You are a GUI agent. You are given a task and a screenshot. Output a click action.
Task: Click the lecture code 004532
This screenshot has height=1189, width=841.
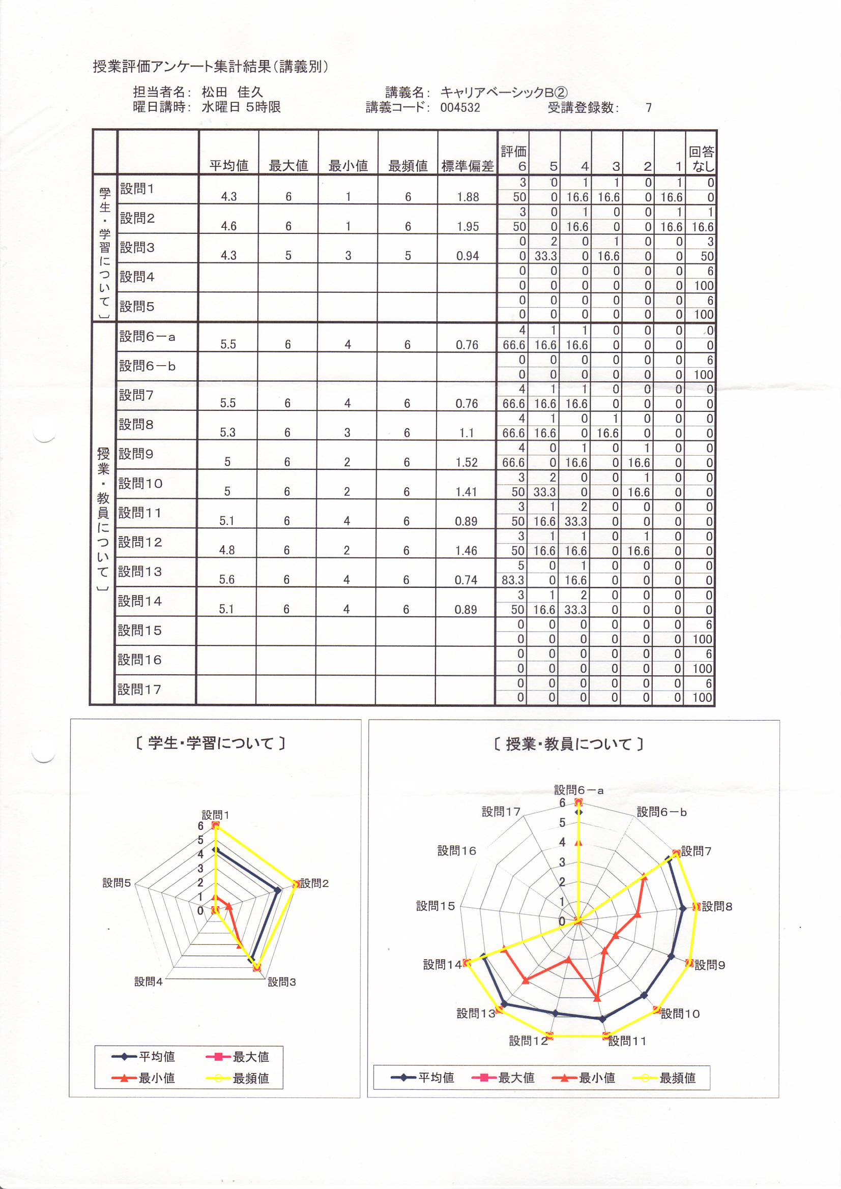coord(459,108)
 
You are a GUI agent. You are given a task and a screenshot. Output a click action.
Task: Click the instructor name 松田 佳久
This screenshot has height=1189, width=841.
coord(232,92)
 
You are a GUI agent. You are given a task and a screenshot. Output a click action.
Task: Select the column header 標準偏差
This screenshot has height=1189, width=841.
coord(467,166)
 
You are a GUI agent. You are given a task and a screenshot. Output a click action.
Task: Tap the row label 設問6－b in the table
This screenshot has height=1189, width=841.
coord(147,366)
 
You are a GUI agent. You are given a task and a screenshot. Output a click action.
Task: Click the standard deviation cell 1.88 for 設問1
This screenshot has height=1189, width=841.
coord(468,197)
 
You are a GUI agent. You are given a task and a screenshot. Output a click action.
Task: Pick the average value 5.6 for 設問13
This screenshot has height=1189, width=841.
coord(226,579)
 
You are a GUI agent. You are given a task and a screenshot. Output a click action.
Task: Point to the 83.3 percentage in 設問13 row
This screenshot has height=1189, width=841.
coord(512,580)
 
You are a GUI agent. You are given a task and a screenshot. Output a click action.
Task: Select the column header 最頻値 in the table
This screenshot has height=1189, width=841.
coord(408,166)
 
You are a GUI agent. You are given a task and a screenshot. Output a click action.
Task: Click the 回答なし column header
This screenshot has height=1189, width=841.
coord(701,159)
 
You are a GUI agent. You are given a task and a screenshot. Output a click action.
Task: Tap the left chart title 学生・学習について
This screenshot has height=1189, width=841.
coord(211,743)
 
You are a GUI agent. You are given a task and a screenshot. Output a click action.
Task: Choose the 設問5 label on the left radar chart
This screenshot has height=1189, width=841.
coord(117,883)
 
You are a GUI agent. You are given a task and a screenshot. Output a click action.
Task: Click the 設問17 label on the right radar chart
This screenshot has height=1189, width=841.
coord(501,812)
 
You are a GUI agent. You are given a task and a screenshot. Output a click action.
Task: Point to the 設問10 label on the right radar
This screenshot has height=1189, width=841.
coord(680,1014)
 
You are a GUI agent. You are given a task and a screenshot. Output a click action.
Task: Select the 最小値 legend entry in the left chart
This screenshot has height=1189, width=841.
coord(156,1078)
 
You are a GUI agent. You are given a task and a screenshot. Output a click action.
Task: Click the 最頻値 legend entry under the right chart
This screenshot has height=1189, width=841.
coord(677,1078)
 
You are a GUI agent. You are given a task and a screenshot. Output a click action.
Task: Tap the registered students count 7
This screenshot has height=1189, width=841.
coord(648,108)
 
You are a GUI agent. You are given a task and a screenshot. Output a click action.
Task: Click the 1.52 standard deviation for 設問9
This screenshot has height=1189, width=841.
coord(467,462)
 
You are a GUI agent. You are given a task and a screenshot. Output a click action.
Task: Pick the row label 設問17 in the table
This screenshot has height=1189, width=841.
coord(139,689)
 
